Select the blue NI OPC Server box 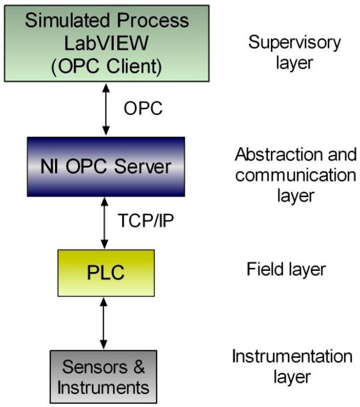tap(106, 167)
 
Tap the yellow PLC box tap(106, 273)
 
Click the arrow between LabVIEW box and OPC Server tap(106, 109)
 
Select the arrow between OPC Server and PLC tap(106, 222)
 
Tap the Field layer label tap(286, 270)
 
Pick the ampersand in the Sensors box tap(137, 368)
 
